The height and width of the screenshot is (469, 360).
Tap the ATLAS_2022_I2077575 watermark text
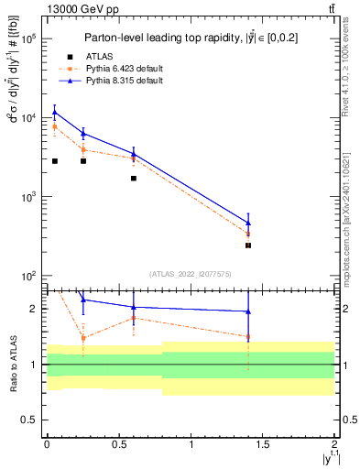pyautogui.click(x=191, y=274)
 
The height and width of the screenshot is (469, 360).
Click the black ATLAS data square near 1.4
pyautogui.click(x=248, y=245)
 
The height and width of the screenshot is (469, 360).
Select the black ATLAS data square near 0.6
pyautogui.click(x=134, y=178)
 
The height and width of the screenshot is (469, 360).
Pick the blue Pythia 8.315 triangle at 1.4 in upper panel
pyautogui.click(x=248, y=223)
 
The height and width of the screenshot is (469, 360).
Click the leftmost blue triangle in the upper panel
pyautogui.click(x=54, y=113)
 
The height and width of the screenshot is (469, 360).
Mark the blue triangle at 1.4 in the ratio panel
pyautogui.click(x=248, y=311)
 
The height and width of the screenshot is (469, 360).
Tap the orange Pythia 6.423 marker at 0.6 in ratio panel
pyautogui.click(x=134, y=319)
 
